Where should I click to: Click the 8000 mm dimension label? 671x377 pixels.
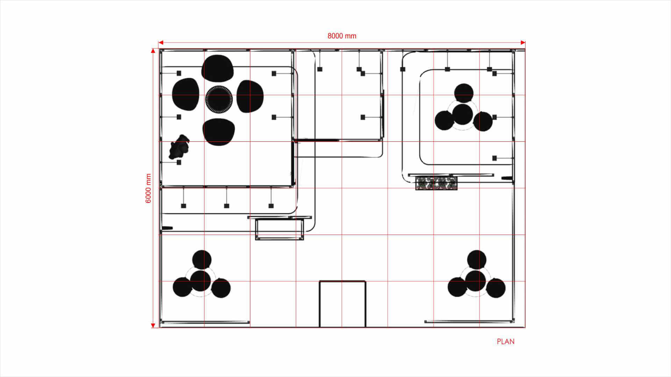coord(342,36)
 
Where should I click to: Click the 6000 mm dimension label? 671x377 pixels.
coord(148,188)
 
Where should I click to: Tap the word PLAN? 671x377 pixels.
coord(506,342)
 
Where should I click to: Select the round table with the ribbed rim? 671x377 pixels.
coord(219,99)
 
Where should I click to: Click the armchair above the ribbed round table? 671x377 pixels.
coord(217,68)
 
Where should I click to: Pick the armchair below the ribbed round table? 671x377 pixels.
coord(219,132)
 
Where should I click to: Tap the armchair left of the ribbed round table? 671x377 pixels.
coord(186,94)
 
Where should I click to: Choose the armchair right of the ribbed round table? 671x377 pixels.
coord(250,96)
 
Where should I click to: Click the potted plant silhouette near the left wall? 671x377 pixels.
coord(179,147)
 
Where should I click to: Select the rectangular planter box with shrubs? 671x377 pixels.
coord(436,183)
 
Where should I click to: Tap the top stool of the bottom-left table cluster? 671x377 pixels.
coord(202,260)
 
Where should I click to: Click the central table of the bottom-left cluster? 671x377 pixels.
coord(201,281)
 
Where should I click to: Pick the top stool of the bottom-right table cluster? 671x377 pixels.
coord(477,260)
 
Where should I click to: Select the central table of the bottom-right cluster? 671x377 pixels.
coord(476,281)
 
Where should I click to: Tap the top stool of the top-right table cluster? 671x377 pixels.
coord(464,93)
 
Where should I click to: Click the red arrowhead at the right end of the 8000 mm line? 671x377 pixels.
coord(523,43)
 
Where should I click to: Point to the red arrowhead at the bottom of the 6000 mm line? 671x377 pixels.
coord(153,325)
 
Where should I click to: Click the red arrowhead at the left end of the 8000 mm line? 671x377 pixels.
coord(161,43)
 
